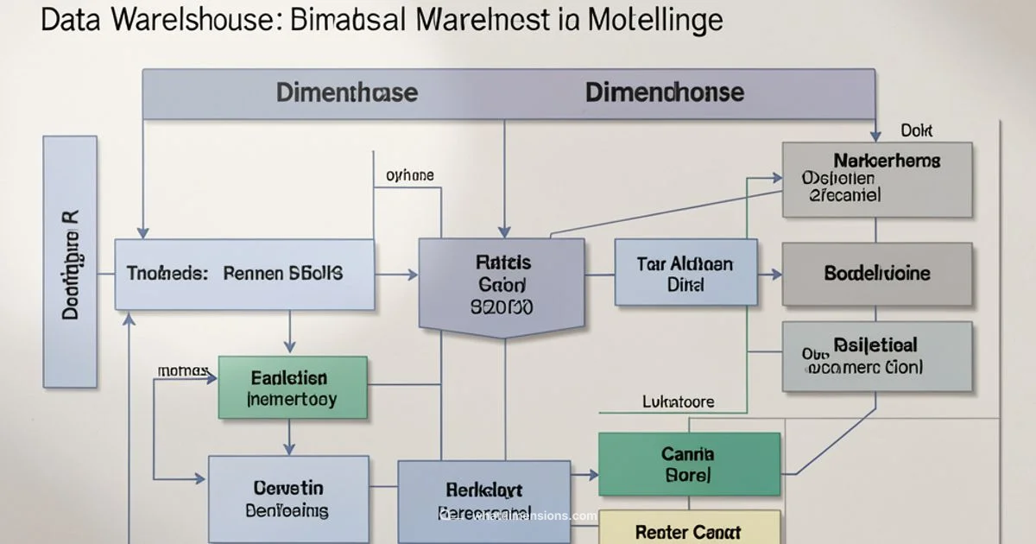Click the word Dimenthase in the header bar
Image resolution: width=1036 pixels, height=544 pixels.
346,92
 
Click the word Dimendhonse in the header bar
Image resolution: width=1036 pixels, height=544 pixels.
664,92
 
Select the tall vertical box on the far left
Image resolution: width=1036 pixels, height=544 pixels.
70,260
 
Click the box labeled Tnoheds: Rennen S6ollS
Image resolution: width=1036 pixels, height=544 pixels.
245,275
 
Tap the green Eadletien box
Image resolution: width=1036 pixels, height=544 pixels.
293,389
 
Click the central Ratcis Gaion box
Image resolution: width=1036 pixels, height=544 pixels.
502,283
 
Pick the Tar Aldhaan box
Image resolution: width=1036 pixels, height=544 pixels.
685,273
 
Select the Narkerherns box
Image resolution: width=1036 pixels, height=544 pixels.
877,180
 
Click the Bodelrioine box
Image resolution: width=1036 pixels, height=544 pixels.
877,274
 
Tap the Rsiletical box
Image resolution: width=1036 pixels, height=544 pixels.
877,356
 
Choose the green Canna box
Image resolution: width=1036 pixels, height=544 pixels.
689,464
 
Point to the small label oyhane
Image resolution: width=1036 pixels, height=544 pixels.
410,175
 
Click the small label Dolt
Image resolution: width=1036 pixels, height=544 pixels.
917,130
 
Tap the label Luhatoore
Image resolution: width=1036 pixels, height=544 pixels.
679,402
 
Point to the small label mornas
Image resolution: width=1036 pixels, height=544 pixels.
182,370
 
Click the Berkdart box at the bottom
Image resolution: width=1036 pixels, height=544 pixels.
483,501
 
